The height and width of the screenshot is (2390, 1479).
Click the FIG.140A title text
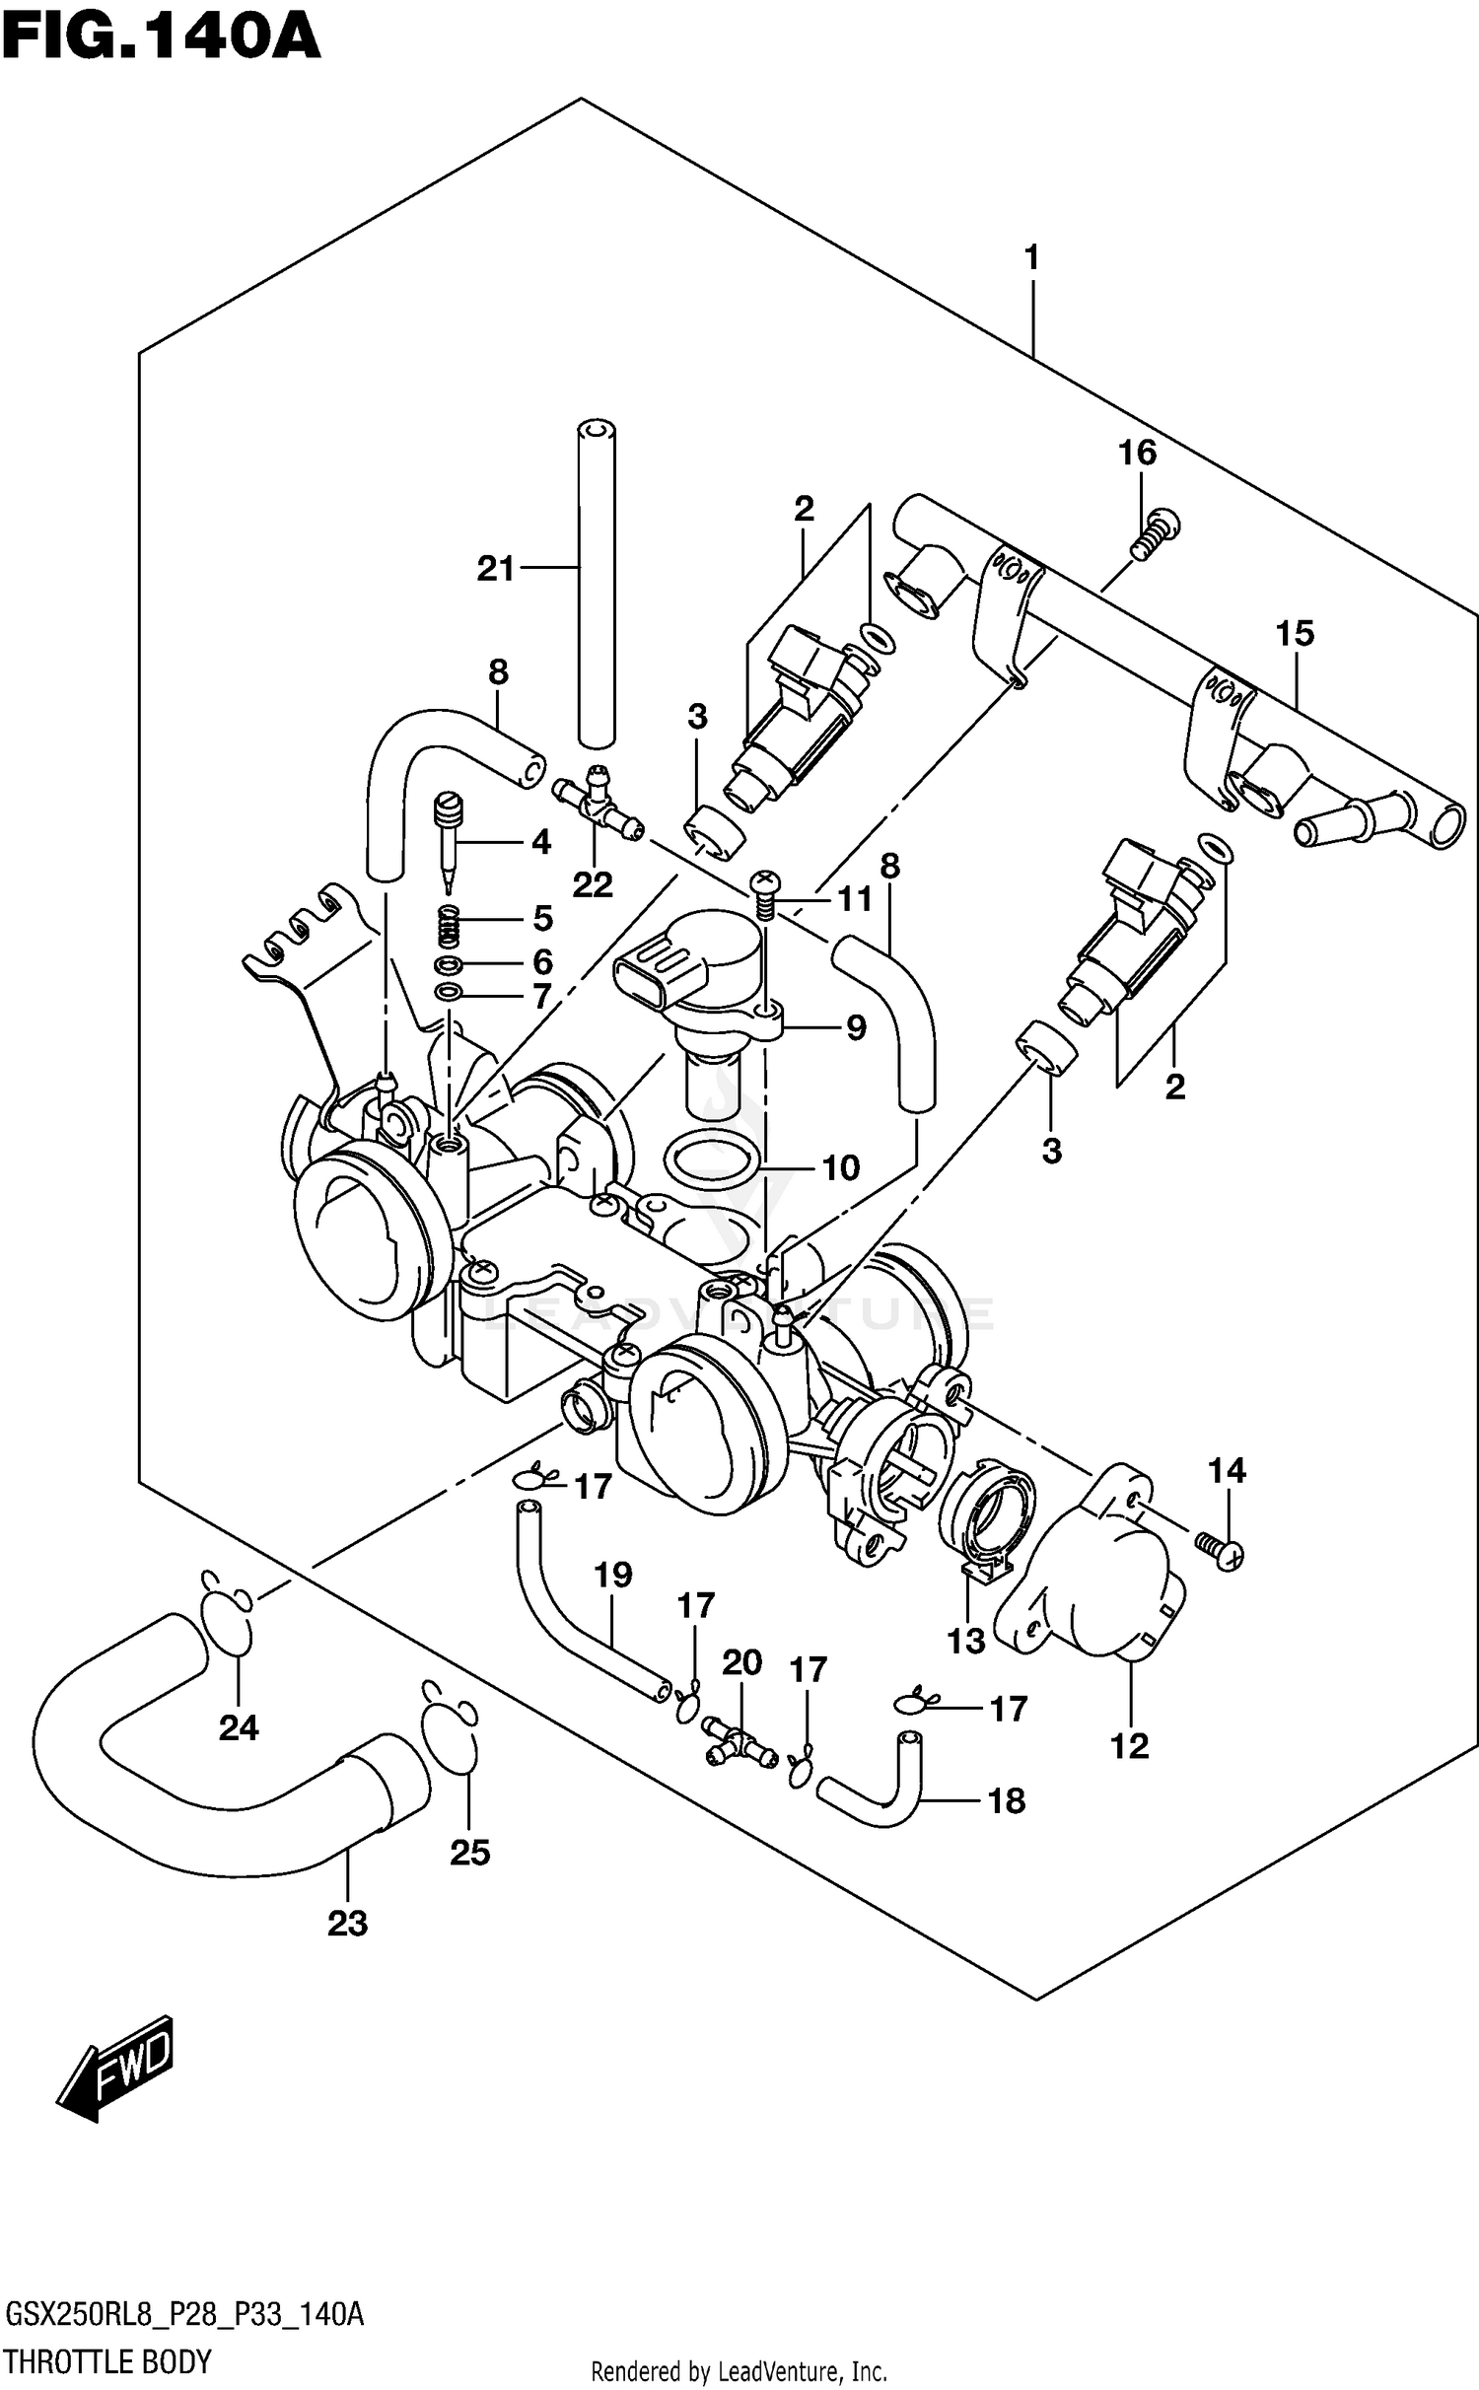pyautogui.click(x=161, y=36)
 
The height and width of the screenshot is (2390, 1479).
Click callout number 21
pyautogui.click(x=496, y=568)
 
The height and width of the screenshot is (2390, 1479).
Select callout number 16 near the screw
pyautogui.click(x=1136, y=453)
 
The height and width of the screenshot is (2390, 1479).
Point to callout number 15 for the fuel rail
pyautogui.click(x=1295, y=633)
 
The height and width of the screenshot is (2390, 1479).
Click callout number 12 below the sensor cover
pyautogui.click(x=1129, y=1746)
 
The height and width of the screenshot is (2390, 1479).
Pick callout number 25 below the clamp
pyautogui.click(x=469, y=1853)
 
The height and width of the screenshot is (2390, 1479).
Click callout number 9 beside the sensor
pyautogui.click(x=855, y=1028)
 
